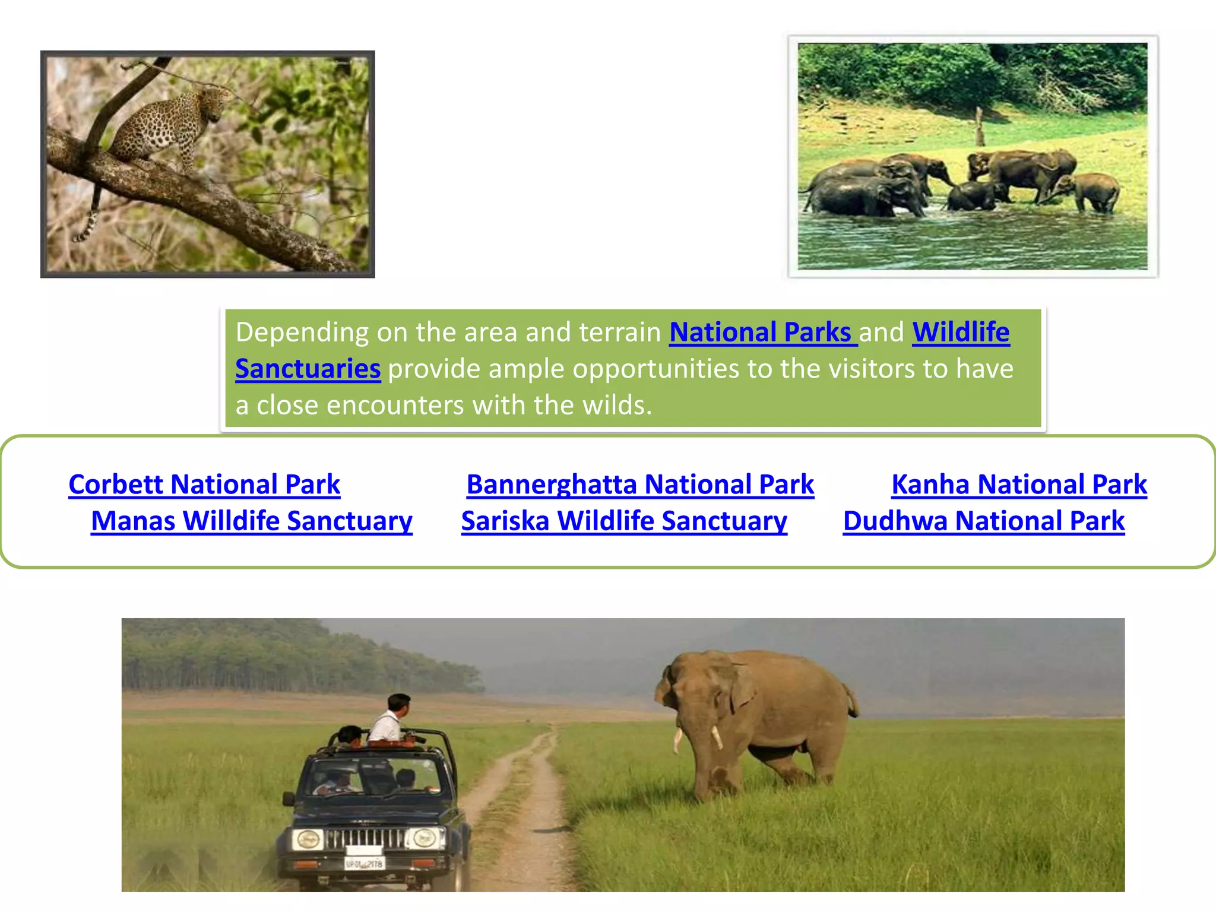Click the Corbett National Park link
(x=204, y=484)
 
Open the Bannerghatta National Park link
(x=640, y=484)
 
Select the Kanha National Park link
(x=1019, y=484)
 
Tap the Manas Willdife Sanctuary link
(x=251, y=521)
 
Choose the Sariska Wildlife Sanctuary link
(x=624, y=521)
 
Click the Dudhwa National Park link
(x=984, y=521)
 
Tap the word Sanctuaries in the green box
(x=308, y=369)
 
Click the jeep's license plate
(x=365, y=863)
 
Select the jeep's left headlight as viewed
(x=308, y=840)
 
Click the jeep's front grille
(x=365, y=838)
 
